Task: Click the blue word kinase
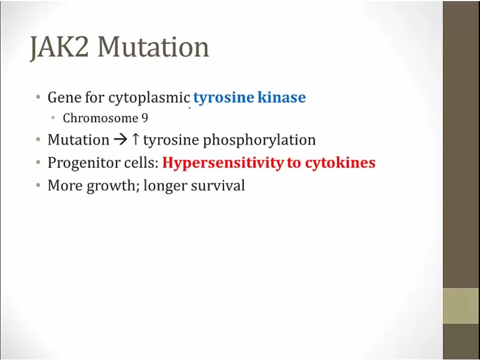tap(282, 98)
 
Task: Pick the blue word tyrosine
tap(224, 98)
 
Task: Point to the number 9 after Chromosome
tap(145, 118)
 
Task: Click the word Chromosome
tap(100, 118)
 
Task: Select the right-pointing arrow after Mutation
tap(121, 140)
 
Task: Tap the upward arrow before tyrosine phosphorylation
tap(135, 140)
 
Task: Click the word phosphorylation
tap(259, 140)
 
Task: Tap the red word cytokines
tap(340, 163)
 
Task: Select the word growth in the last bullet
tap(111, 186)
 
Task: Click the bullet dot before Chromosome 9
tap(53, 118)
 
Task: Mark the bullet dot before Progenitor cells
tap(38, 163)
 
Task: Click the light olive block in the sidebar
tap(461, 306)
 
